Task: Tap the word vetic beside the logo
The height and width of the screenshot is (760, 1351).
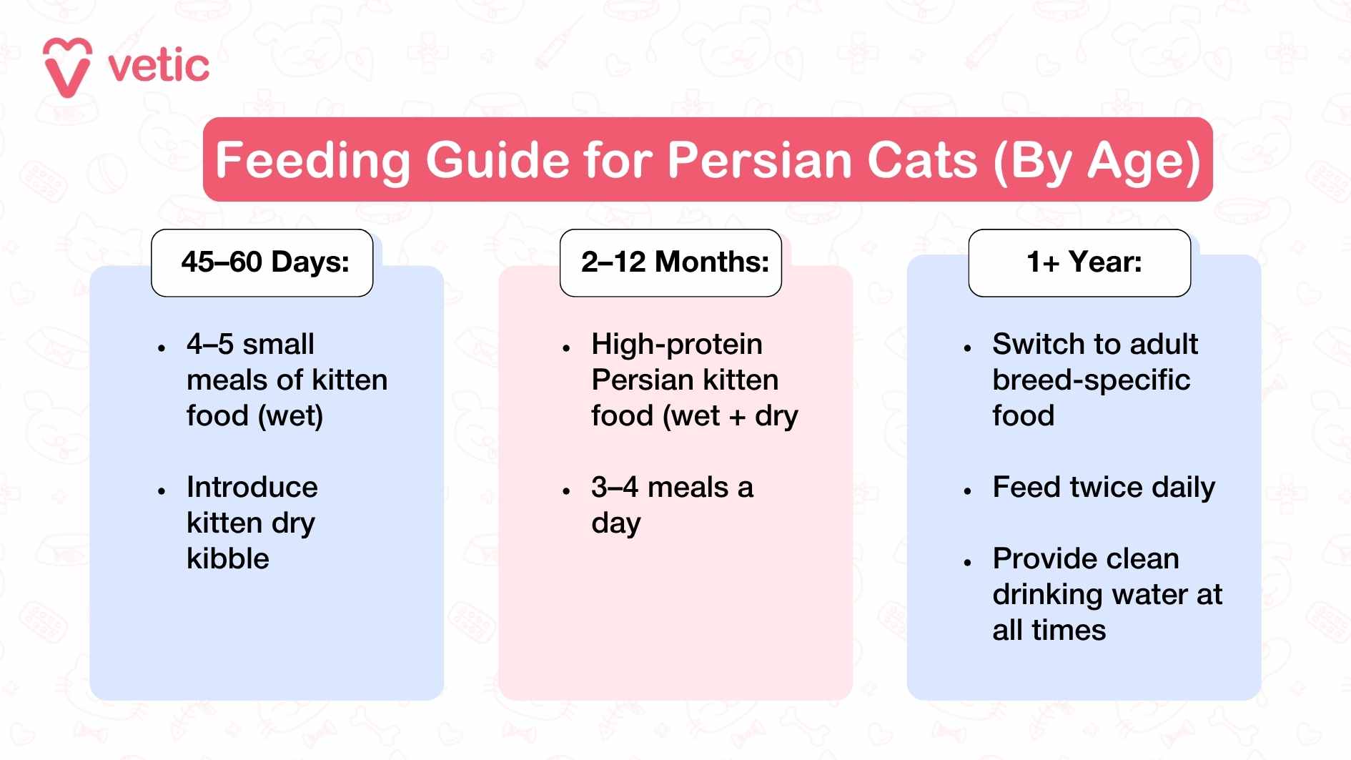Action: pos(159,66)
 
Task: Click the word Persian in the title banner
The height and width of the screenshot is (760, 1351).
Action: pos(758,159)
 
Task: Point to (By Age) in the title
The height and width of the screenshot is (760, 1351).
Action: pos(1097,160)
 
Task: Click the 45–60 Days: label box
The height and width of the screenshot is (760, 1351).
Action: pos(262,262)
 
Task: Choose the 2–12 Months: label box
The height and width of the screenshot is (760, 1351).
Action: pos(670,262)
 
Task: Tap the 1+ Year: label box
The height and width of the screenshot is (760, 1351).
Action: pos(1079,262)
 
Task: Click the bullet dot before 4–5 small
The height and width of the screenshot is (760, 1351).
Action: pos(162,348)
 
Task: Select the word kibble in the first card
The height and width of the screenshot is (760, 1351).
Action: pos(228,558)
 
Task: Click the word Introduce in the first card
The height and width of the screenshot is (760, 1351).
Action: pos(252,487)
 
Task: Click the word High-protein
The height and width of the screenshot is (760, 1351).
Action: pos(677,344)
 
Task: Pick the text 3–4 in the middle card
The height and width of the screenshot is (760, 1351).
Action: pos(615,487)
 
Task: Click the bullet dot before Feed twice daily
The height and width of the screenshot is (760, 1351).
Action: pos(967,491)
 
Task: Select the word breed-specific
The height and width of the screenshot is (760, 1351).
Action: pos(1092,380)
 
